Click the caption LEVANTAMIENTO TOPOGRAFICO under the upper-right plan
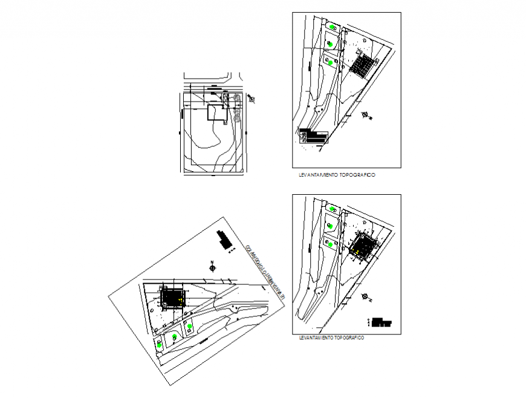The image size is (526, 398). (337, 175)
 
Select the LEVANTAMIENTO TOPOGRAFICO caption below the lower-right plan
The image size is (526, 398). (331, 338)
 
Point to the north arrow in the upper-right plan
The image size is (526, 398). (366, 114)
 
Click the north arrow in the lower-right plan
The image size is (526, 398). (365, 296)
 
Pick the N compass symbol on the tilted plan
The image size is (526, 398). (213, 266)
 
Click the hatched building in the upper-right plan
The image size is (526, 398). (363, 65)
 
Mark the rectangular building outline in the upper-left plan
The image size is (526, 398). (217, 113)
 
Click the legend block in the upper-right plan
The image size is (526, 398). (313, 135)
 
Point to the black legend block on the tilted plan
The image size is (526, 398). (224, 241)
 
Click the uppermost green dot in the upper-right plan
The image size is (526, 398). (333, 27)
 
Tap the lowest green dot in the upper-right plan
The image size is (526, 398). (331, 62)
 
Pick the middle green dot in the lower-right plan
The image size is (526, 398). (331, 225)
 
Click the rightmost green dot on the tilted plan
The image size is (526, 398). (190, 327)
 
